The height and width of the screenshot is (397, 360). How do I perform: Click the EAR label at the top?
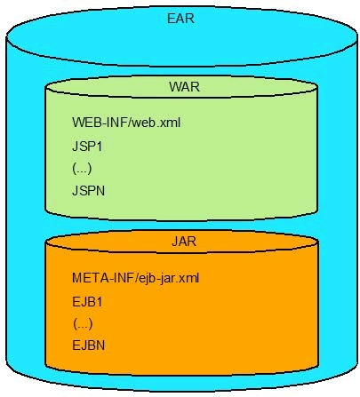[x=180, y=19]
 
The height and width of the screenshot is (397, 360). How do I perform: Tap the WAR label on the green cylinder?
[x=184, y=87]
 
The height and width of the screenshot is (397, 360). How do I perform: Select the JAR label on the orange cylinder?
[x=184, y=242]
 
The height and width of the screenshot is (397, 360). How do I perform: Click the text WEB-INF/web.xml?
[x=126, y=123]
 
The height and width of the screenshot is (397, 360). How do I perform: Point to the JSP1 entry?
[x=87, y=147]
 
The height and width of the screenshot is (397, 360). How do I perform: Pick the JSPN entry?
[x=89, y=191]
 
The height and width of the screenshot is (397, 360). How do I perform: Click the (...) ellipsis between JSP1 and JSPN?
[x=82, y=169]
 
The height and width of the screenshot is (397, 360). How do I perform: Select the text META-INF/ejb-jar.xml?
[x=136, y=278]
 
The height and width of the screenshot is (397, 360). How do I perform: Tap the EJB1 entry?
[x=87, y=302]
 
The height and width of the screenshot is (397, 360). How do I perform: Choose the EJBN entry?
[x=89, y=345]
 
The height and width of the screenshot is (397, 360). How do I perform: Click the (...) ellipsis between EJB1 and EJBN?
[x=83, y=324]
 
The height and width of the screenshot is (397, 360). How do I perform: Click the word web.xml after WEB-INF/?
[x=156, y=123]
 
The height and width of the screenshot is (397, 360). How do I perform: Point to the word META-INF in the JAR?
[x=103, y=278]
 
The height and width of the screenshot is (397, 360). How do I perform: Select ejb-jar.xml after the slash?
[x=169, y=279]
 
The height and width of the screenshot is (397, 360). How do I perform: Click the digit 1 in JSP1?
[x=99, y=147]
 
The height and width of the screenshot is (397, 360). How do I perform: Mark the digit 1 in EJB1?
[x=99, y=302]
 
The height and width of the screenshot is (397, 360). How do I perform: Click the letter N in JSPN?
[x=100, y=191]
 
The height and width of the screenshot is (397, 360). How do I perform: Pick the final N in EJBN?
[x=100, y=345]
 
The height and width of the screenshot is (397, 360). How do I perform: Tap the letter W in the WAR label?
[x=175, y=87]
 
